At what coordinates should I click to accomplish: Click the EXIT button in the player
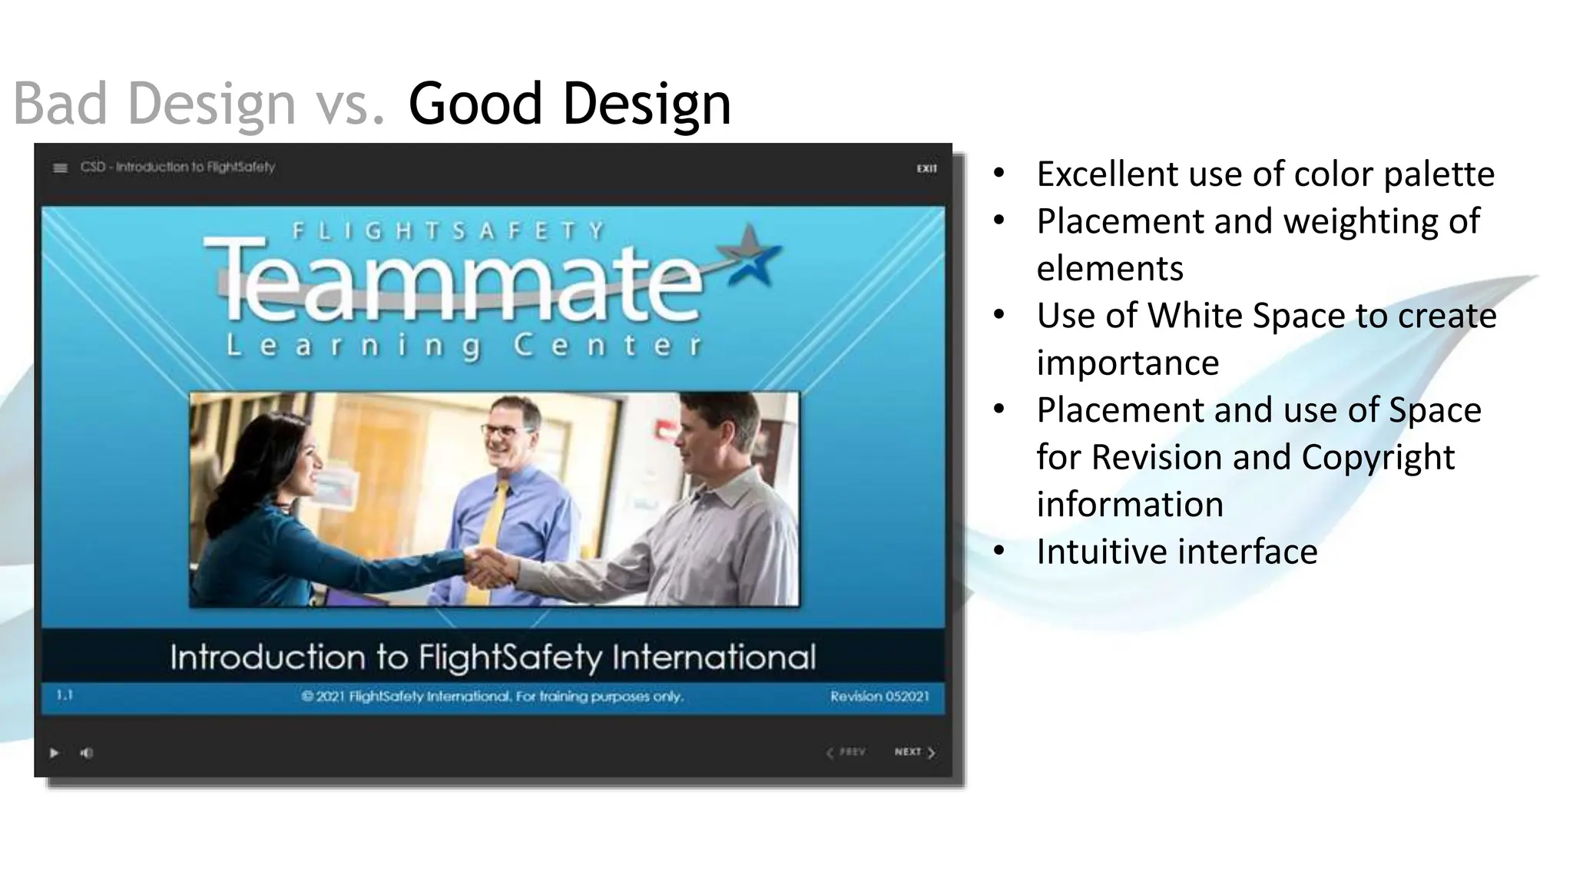coord(926,168)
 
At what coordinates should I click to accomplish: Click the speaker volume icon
coord(87,753)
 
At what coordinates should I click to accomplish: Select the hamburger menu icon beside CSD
coord(60,168)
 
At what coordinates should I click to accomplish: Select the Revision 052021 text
coord(879,696)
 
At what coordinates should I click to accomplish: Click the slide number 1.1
coord(65,695)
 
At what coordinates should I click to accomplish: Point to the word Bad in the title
coord(60,103)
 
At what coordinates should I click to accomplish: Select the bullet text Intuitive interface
coord(1177,552)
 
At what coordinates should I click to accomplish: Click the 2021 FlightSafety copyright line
coord(492,696)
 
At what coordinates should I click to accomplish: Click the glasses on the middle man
coord(508,430)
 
